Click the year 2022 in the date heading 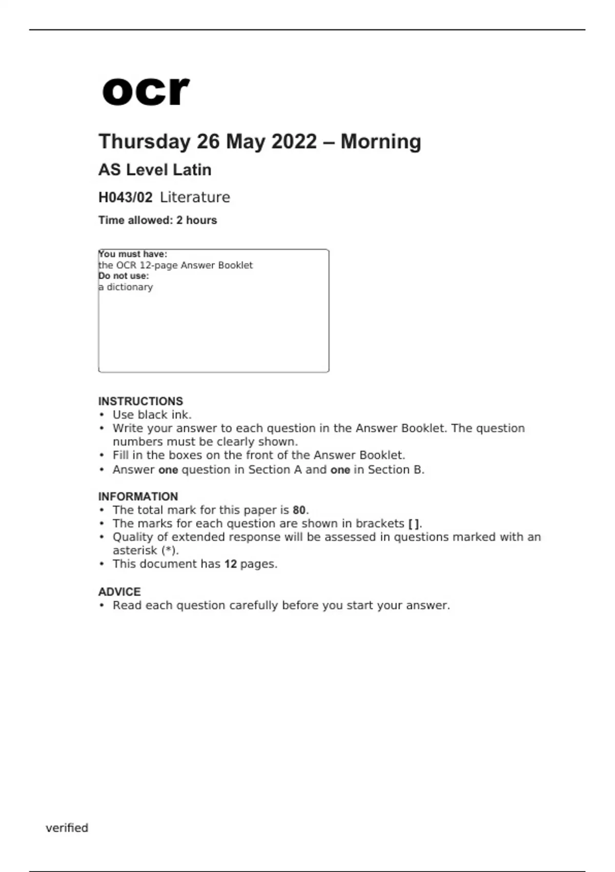click(x=294, y=142)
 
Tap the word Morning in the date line click(x=381, y=142)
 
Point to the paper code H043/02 click(x=125, y=197)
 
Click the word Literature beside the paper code click(x=195, y=197)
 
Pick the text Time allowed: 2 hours click(x=157, y=221)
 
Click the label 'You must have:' click(x=133, y=254)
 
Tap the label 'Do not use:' click(x=124, y=276)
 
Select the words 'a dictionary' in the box click(x=126, y=287)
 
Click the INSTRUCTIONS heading click(x=140, y=401)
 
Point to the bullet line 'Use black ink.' click(x=152, y=415)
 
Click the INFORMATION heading click(x=138, y=497)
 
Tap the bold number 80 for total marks click(x=299, y=510)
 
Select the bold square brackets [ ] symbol click(x=414, y=524)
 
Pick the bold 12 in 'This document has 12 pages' click(x=230, y=564)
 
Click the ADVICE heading click(x=119, y=592)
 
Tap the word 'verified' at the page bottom click(x=67, y=828)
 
